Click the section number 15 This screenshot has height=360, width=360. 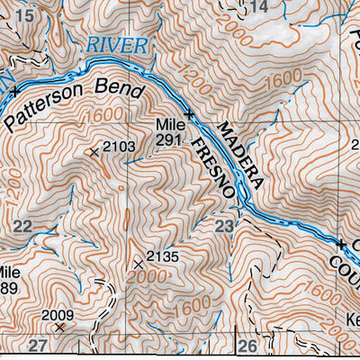[x=24, y=16]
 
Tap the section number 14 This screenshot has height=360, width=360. [x=258, y=7]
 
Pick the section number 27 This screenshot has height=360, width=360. [x=37, y=346]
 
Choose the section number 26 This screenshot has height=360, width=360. [x=248, y=346]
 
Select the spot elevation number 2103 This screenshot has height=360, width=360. [x=119, y=146]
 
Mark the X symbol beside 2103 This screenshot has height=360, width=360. [x=94, y=152]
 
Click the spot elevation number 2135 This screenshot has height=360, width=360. [x=164, y=257]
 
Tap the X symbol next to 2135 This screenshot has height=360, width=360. [x=139, y=264]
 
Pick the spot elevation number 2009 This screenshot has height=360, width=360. [x=58, y=315]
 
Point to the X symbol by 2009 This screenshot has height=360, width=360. [x=60, y=328]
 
